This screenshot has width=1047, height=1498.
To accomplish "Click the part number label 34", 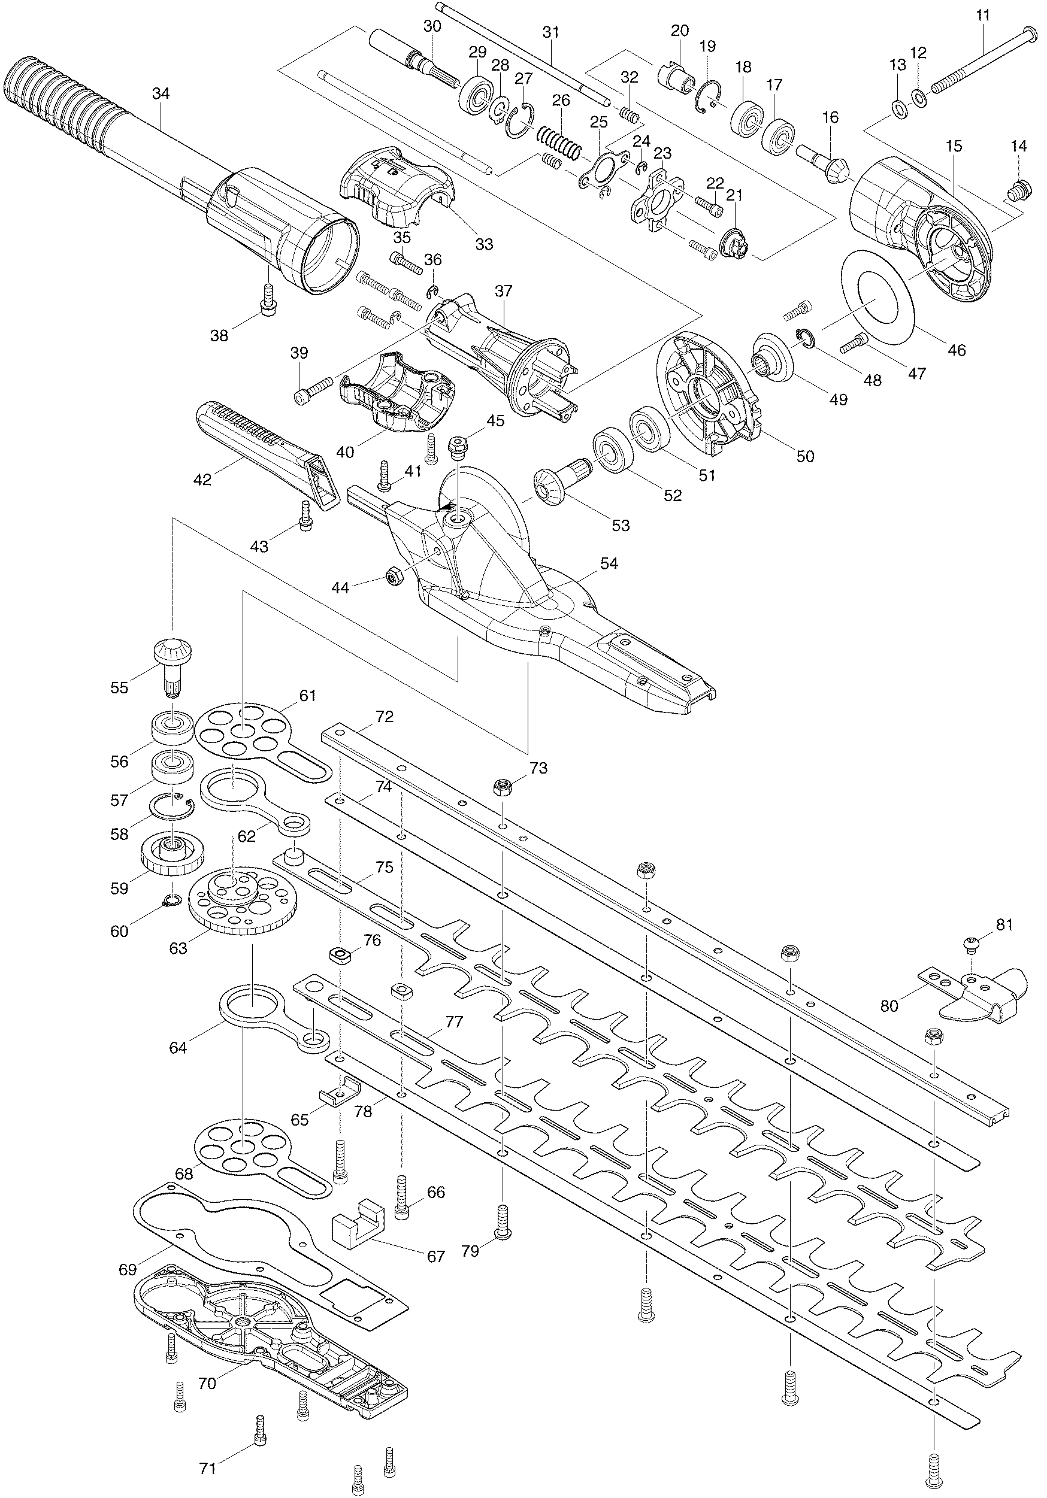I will pyautogui.click(x=161, y=94).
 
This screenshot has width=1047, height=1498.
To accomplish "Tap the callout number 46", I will pyautogui.click(x=957, y=350).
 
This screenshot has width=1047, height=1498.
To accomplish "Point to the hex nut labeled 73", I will pyautogui.click(x=503, y=787).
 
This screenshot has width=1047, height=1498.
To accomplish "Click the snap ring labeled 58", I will pyautogui.click(x=172, y=807).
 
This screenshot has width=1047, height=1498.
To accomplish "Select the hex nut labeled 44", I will pyautogui.click(x=394, y=576).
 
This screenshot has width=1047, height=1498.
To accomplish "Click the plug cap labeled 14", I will pyautogui.click(x=1018, y=190).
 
